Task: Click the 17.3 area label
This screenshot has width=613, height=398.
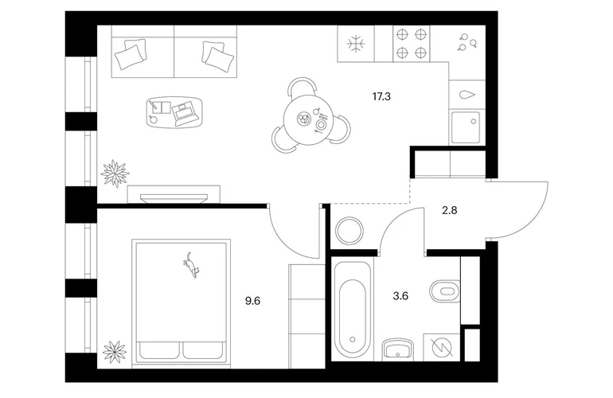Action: pos(381,96)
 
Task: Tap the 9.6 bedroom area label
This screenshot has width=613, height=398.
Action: pos(252,301)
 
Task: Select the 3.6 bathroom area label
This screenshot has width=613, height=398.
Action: pos(400,296)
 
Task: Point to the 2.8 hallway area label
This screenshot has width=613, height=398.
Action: pos(449,211)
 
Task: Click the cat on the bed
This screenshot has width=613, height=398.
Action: pos(191,265)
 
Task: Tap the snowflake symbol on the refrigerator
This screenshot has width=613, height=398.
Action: pos(356,44)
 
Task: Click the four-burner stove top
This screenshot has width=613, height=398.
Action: pos(411,44)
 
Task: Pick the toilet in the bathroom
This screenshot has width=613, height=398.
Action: pos(445,291)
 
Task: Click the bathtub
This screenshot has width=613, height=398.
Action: pos(352,309)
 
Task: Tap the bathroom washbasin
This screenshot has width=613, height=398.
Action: pos(398,349)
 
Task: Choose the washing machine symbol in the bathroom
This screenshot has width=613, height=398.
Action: pos(442,347)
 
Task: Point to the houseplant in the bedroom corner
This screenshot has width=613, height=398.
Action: pos(115,352)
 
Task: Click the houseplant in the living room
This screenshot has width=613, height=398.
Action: pos(115,174)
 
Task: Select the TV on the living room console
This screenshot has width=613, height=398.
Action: pos(174,198)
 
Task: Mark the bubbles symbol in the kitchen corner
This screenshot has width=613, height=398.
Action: pos(467,42)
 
